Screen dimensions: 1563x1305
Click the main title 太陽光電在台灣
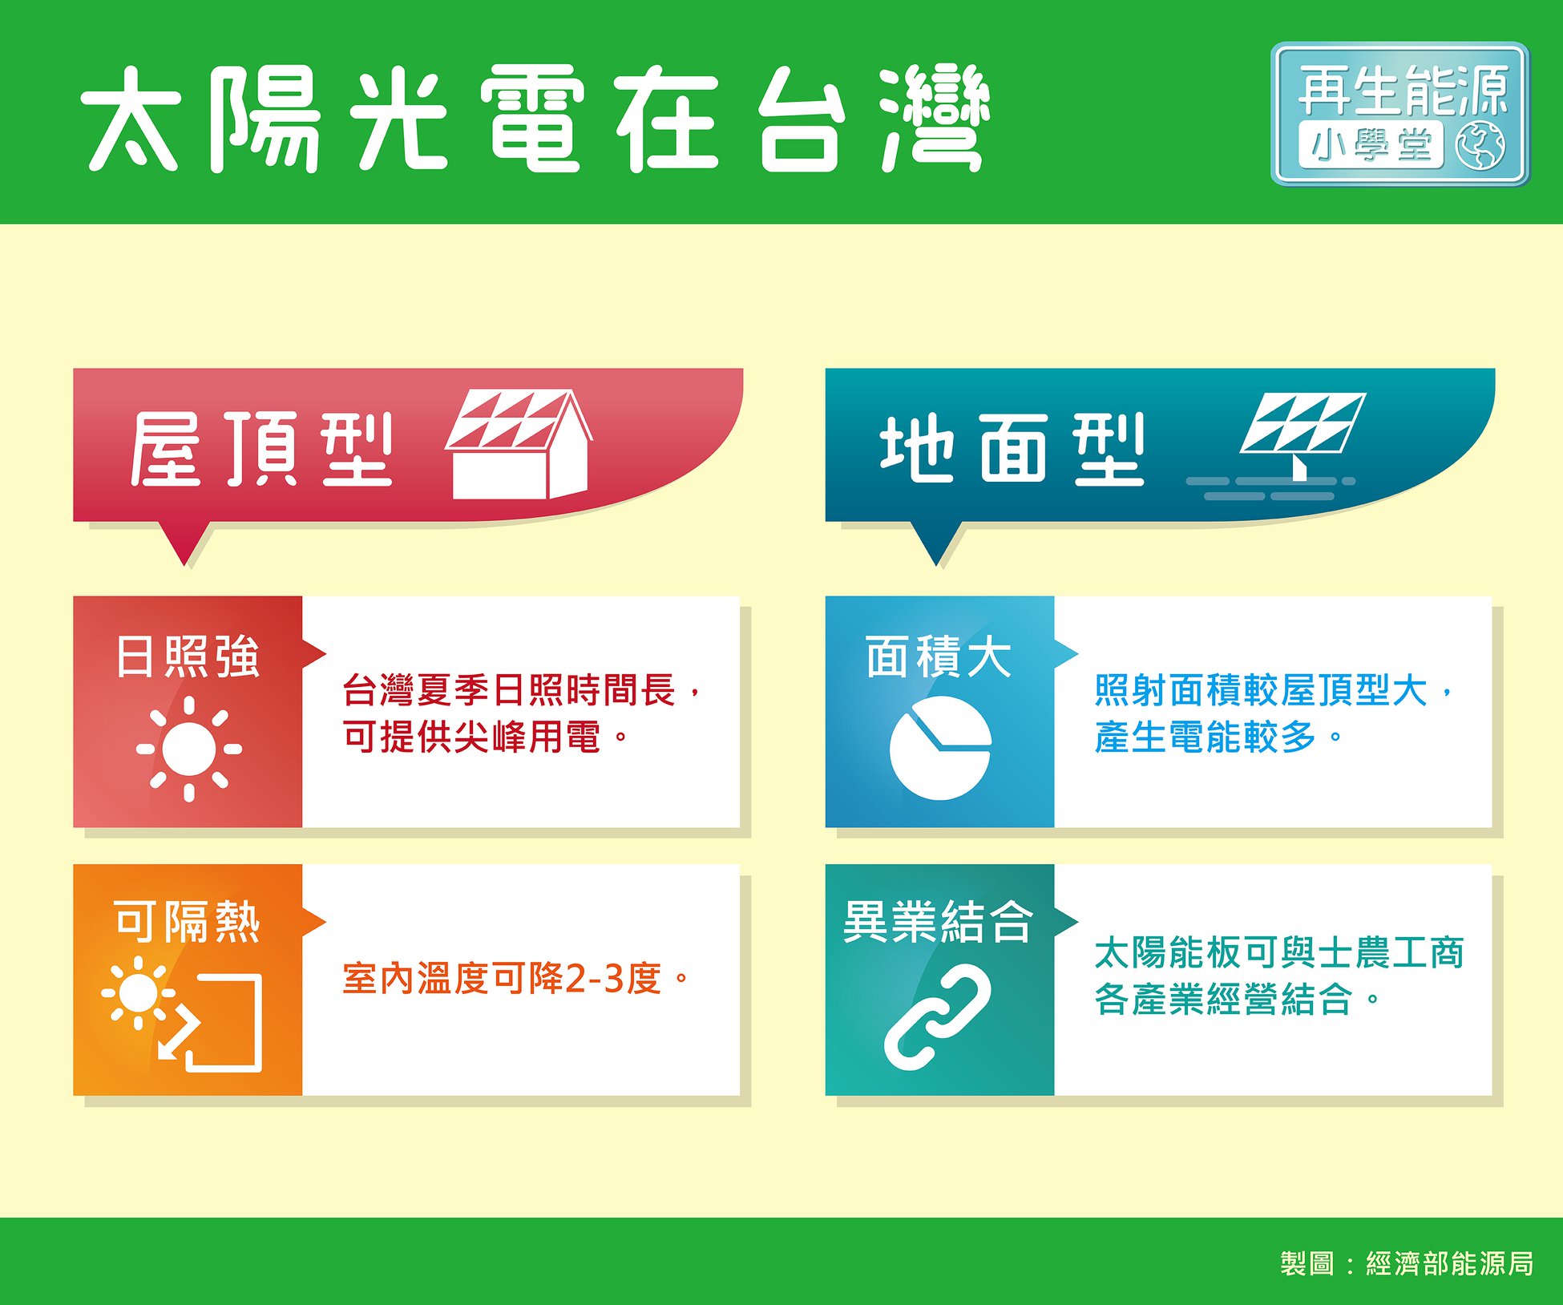[x=535, y=118]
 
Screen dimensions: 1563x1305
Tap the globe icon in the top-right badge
[x=1480, y=146]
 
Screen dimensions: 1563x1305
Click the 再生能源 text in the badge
[x=1403, y=91]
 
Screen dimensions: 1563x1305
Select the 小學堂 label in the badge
[x=1371, y=146]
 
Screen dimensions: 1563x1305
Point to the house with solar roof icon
[x=519, y=444]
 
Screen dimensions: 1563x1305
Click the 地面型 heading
[x=1012, y=449]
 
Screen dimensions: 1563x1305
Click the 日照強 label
[x=188, y=657]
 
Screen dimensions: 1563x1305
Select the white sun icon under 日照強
[x=189, y=749]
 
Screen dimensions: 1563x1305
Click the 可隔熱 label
[x=188, y=922]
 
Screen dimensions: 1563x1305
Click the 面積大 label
[x=939, y=657]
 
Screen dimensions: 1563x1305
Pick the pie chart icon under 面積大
[x=940, y=748]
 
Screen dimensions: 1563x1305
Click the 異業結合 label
[x=939, y=922]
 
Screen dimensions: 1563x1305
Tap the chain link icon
[x=938, y=1018]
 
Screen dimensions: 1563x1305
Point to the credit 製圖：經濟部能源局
[x=1407, y=1263]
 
